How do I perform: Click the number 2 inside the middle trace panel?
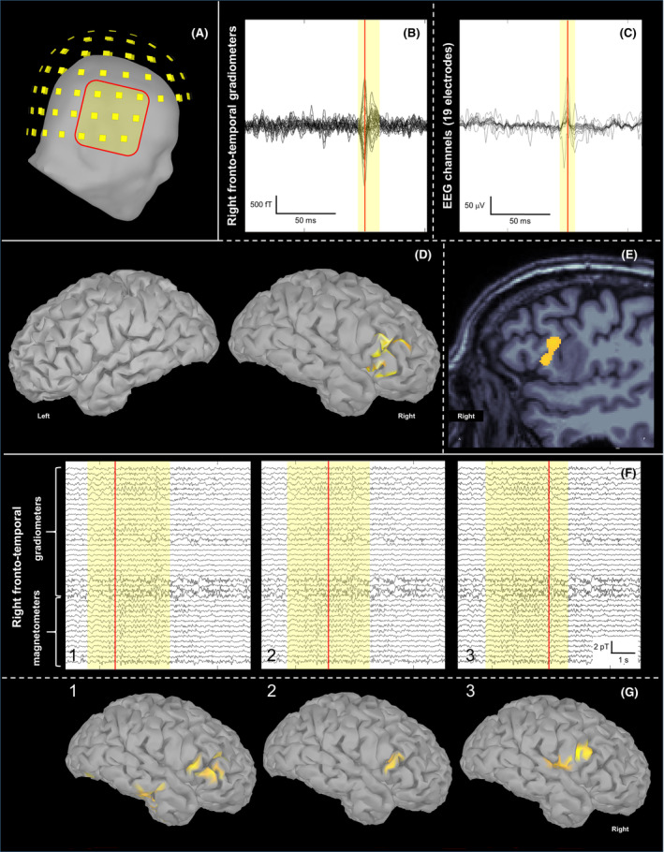[x=271, y=654]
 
